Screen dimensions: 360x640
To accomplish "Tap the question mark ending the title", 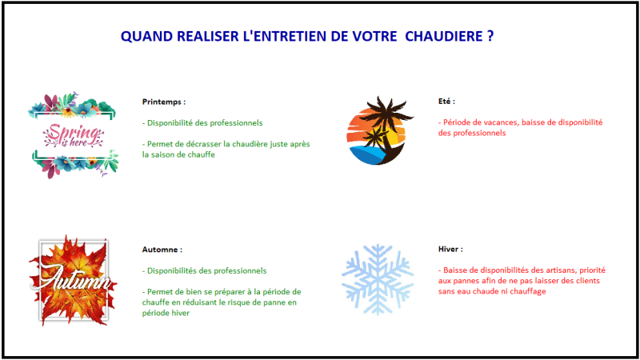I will click(489, 37).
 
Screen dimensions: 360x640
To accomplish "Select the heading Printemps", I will click(163, 102).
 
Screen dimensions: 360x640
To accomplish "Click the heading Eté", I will click(446, 102).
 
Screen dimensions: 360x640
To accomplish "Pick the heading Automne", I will click(162, 250).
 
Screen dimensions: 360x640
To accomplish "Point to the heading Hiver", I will click(450, 250).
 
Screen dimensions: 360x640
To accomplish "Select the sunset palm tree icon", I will click(378, 130).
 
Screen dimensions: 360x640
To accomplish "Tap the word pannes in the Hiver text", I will click(470, 281).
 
